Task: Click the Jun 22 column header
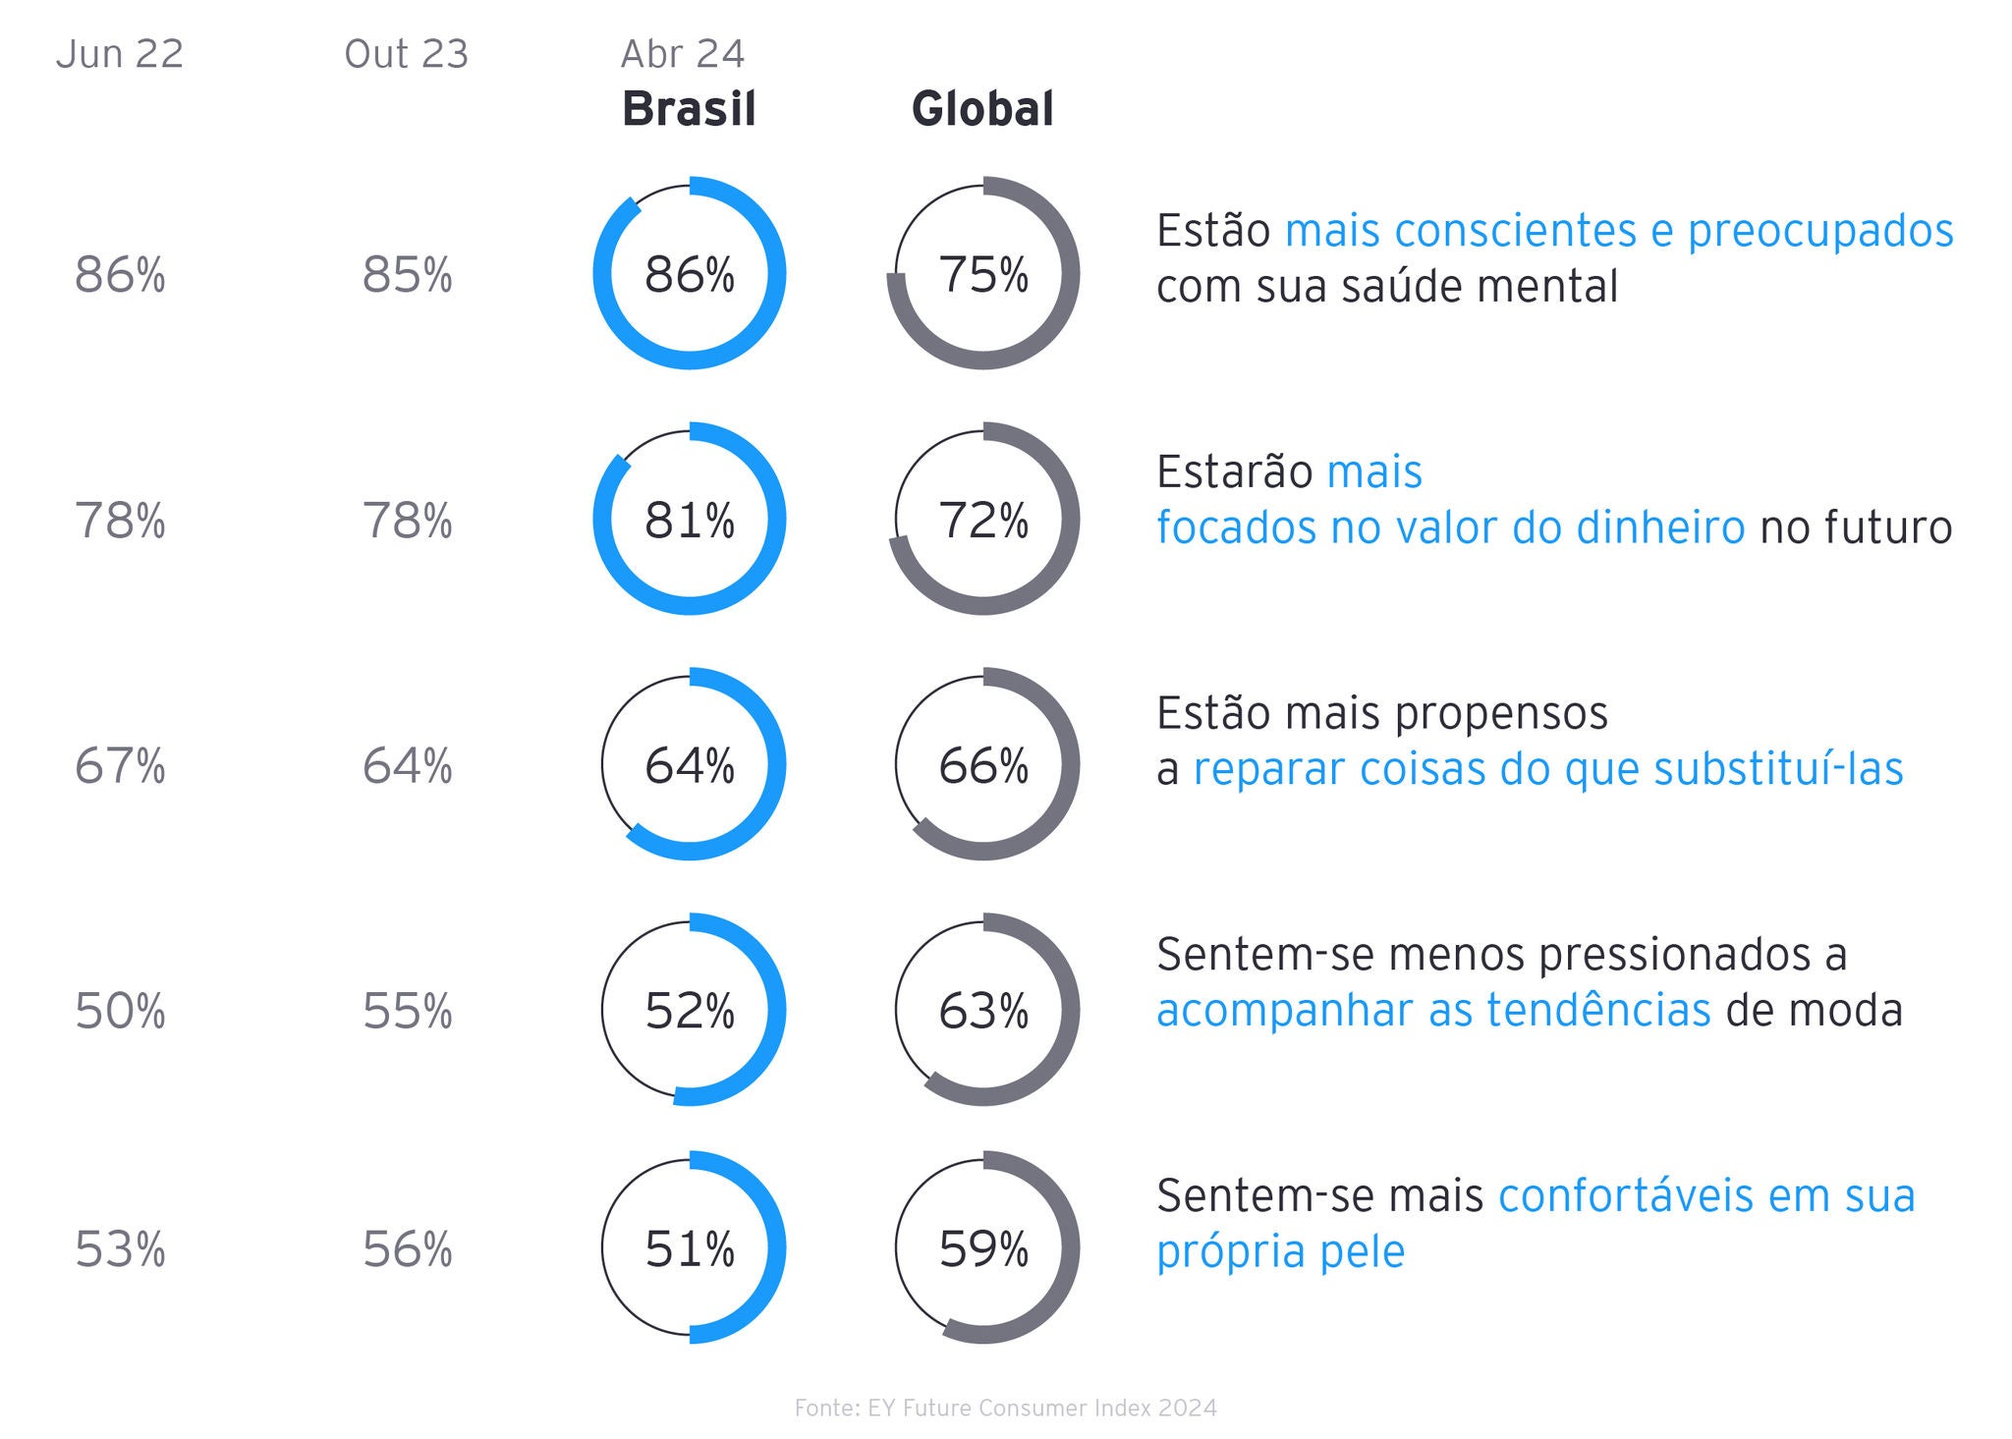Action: pos(120,54)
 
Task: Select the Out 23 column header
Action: pos(407,54)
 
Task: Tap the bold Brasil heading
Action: pos(690,108)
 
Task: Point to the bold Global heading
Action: pos(982,108)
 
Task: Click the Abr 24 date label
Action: pos(683,54)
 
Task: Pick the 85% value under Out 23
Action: pos(408,275)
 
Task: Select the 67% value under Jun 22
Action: pos(120,766)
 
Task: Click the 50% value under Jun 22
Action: pos(120,1011)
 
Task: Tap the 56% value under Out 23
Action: pos(408,1249)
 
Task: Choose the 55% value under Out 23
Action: pos(408,1011)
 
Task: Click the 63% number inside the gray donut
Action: pos(983,1011)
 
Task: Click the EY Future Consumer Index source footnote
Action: pos(1005,1408)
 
